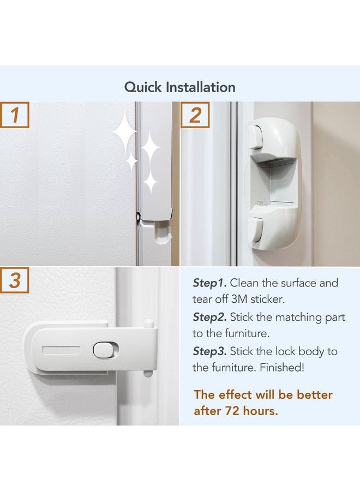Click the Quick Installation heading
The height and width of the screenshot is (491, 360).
click(x=180, y=87)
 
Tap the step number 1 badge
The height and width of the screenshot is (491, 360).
click(x=15, y=115)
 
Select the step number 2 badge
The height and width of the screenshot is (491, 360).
click(x=195, y=115)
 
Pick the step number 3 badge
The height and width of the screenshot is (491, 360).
click(x=15, y=281)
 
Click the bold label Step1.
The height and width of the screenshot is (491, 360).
click(x=210, y=283)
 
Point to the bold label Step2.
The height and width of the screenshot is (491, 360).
click(x=210, y=316)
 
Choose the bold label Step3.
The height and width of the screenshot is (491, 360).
click(x=210, y=350)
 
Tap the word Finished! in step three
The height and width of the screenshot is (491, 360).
click(x=289, y=367)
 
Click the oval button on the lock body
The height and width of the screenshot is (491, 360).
click(x=102, y=350)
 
